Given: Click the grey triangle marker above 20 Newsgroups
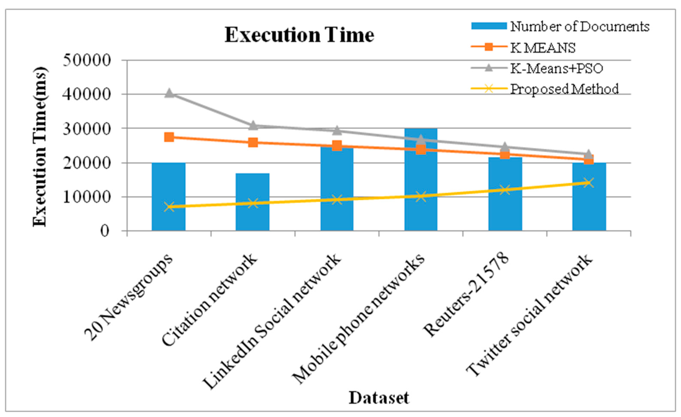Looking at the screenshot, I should coord(169,93).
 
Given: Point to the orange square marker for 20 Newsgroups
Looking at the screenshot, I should coord(169,137).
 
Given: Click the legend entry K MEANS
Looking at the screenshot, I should coord(542,48).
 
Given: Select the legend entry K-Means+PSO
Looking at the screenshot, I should coord(556,68).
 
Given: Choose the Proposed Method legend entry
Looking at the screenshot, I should coord(564,89).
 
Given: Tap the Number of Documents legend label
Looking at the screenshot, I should coord(579,27).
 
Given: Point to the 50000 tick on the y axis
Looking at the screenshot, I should coord(87,60).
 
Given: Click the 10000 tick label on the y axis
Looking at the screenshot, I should coord(87,197).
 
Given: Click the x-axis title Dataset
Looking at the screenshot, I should coord(379,398).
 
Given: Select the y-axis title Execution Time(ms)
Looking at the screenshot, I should coord(40,146).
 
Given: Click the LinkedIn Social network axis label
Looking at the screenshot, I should coord(272,321).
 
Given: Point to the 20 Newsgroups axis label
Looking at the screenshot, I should coord(128,297).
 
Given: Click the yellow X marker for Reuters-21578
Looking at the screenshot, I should coord(505,190).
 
